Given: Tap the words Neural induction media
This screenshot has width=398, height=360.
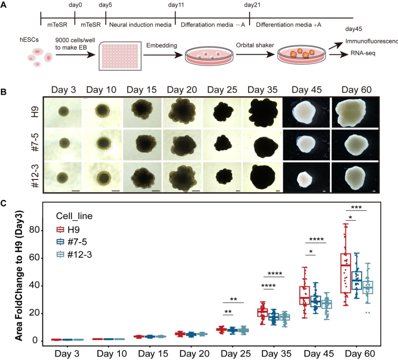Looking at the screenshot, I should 140,25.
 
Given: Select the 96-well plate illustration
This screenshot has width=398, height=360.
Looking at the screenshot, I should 120,56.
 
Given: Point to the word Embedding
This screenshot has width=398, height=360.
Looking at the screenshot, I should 161,45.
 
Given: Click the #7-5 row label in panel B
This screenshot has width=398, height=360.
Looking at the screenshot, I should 36,144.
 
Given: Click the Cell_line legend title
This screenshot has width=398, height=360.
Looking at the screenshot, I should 74,216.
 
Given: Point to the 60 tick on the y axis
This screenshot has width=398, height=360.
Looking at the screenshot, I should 36,258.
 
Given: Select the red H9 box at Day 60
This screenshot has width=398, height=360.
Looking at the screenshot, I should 345,273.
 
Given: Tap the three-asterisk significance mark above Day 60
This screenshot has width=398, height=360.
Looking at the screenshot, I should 357,207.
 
